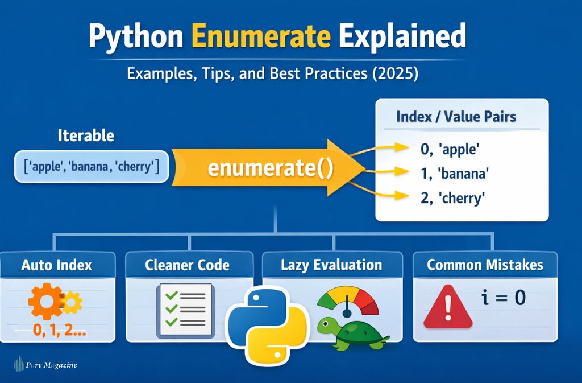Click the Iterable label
[86, 136]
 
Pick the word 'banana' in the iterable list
[90, 166]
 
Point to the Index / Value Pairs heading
[456, 117]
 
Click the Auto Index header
[56, 265]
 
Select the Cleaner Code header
[187, 265]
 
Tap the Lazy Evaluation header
[331, 265]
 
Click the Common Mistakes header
[485, 265]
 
